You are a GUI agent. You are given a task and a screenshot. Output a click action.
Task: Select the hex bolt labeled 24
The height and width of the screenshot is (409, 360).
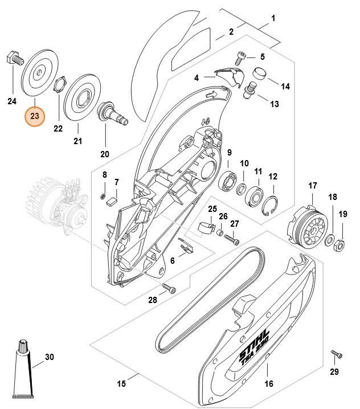[13, 58]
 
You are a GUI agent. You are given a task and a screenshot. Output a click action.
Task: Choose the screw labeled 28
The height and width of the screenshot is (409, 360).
[169, 287]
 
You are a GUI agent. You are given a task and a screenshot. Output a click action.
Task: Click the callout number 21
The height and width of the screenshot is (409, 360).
[78, 141]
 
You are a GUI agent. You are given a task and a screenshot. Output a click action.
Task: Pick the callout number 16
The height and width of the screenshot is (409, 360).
[269, 383]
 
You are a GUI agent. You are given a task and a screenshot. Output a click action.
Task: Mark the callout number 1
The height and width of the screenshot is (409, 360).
[273, 18]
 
